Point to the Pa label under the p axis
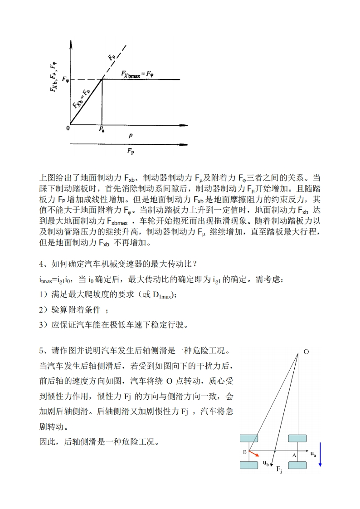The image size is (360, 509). (102, 130)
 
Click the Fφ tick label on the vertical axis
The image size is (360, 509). (65, 80)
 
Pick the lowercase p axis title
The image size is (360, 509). (131, 136)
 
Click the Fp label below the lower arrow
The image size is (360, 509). (131, 151)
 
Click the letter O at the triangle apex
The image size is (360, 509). (306, 352)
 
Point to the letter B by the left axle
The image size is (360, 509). (245, 452)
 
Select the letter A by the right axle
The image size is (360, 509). (294, 455)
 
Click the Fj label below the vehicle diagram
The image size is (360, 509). (279, 470)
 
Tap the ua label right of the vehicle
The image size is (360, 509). (313, 453)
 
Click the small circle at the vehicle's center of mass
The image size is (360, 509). (274, 451)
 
